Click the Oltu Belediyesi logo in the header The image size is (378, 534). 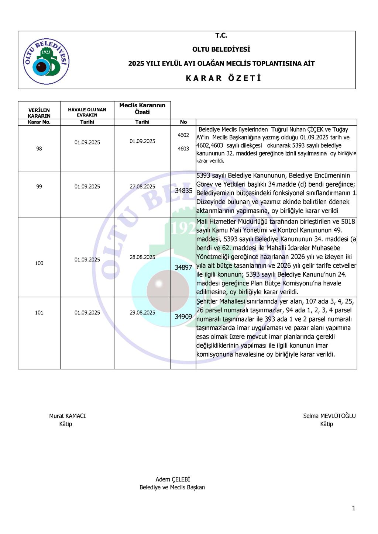point(46,61)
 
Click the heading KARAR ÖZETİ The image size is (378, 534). point(223,78)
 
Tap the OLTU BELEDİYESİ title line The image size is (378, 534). point(221,49)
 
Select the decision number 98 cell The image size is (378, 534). point(39,149)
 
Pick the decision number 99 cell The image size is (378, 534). point(39,187)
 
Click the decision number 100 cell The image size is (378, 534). point(39,263)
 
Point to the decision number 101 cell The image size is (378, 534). point(39,313)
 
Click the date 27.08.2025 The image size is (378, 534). point(142,187)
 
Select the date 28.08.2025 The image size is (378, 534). point(142,257)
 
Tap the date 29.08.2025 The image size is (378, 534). point(142,313)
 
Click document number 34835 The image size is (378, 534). point(183,191)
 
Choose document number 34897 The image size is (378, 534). point(183,267)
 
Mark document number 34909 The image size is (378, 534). point(183,317)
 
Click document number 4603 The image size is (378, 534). point(183,149)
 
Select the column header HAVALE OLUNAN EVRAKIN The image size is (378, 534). point(87,112)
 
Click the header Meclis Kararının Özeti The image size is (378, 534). point(142,109)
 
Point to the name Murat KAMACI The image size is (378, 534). point(68,416)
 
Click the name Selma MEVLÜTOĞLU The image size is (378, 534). point(329,416)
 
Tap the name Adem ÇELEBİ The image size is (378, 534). point(173,479)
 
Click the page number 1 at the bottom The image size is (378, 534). point(354,509)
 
